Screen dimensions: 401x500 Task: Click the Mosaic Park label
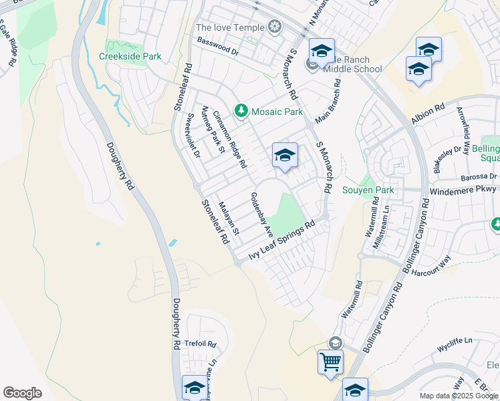point(277,112)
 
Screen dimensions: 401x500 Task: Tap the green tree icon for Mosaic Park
point(240,110)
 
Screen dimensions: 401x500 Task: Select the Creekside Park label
point(130,57)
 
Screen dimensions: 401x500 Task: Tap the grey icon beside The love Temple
point(273,27)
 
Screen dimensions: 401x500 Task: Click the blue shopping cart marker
point(330,362)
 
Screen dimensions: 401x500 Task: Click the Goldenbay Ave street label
point(261,215)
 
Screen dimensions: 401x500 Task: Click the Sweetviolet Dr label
point(192,135)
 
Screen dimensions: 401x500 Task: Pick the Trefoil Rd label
point(201,344)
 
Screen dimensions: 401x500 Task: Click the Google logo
point(22,393)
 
